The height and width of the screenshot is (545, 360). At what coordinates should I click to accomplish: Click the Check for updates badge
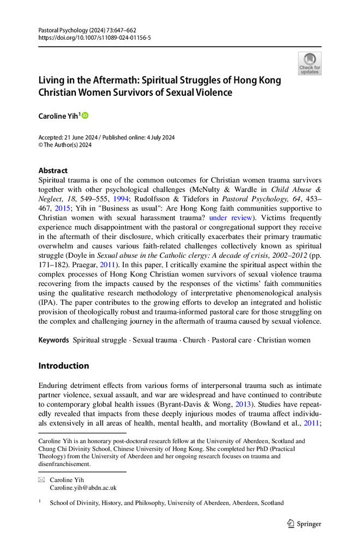[x=309, y=63]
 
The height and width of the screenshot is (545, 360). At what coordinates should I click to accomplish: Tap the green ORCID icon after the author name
[x=85, y=116]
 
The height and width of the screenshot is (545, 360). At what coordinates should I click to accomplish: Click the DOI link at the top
[x=94, y=38]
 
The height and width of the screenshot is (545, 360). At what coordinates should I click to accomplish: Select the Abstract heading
[x=53, y=171]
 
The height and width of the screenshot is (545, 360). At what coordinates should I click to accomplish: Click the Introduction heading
[x=63, y=366]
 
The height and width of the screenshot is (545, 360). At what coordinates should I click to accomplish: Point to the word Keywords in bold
[x=53, y=340]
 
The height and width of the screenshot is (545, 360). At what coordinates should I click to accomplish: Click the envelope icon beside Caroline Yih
[x=41, y=480]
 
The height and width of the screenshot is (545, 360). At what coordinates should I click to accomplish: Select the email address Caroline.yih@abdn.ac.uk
[x=83, y=488]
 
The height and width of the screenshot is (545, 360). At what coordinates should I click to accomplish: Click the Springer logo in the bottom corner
[x=304, y=524]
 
